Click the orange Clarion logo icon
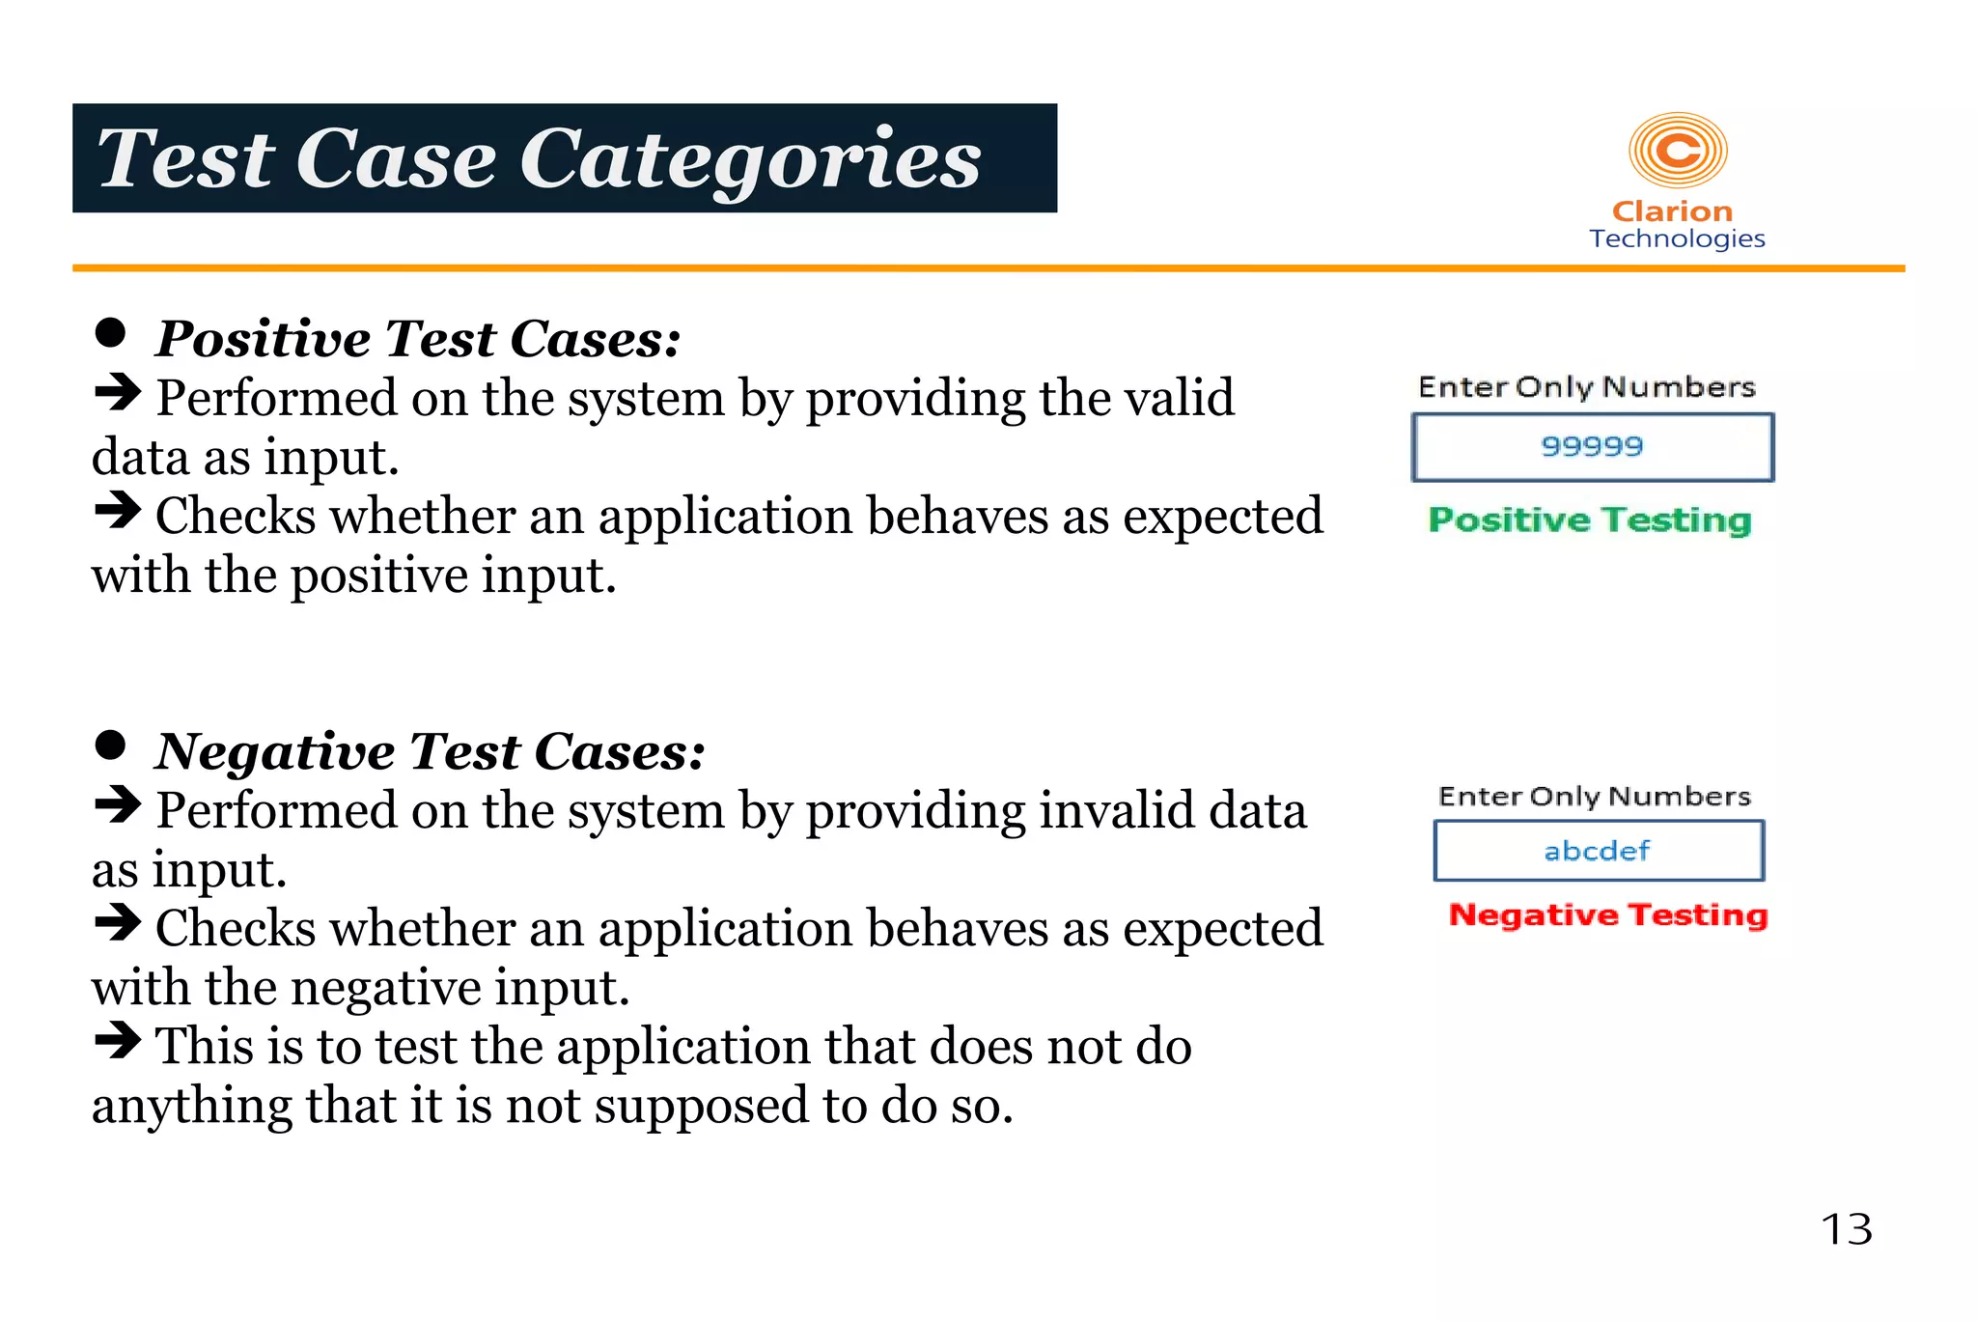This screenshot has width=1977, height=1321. tap(1677, 151)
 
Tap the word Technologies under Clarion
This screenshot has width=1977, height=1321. tap(1677, 239)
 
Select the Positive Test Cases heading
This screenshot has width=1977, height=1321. tap(418, 339)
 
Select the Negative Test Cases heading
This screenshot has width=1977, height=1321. tap(431, 751)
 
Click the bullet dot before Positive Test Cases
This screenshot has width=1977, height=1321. tap(111, 333)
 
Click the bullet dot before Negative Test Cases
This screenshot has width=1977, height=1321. tap(111, 745)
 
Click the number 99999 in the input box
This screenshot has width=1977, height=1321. tap(1592, 446)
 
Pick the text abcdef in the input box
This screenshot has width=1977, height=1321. tap(1597, 851)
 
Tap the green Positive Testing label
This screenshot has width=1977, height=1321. tap(1590, 520)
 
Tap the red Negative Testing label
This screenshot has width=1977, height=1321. tap(1608, 914)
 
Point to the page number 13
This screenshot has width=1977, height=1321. tap(1846, 1230)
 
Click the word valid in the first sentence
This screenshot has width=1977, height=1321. tap(1183, 398)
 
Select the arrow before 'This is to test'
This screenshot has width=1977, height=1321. tap(118, 1041)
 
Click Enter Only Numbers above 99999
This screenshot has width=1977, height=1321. tap(1586, 387)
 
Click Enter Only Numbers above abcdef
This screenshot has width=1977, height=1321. tap(1594, 797)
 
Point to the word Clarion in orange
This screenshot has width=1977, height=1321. tap(1672, 211)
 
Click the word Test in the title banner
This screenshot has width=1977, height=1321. tap(186, 159)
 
